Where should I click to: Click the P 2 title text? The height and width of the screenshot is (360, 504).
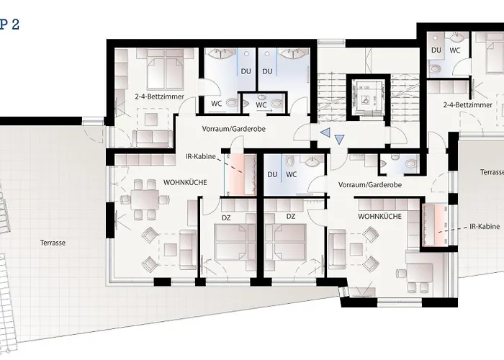9,24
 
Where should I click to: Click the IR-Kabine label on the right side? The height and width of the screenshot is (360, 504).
484,226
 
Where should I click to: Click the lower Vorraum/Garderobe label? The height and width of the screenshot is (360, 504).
369,185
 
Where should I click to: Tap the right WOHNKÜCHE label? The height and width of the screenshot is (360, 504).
379,215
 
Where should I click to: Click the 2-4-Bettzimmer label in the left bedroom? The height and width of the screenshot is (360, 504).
159,96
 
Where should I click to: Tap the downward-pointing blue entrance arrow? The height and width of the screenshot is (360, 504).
341,139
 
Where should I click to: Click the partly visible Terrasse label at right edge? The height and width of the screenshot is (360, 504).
492,173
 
